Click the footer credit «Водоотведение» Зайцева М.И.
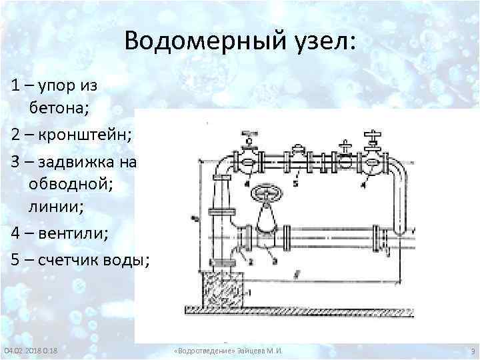(227, 351)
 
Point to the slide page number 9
(472, 351)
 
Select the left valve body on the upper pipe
(248, 161)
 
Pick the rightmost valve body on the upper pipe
(372, 161)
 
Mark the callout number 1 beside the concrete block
(249, 292)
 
